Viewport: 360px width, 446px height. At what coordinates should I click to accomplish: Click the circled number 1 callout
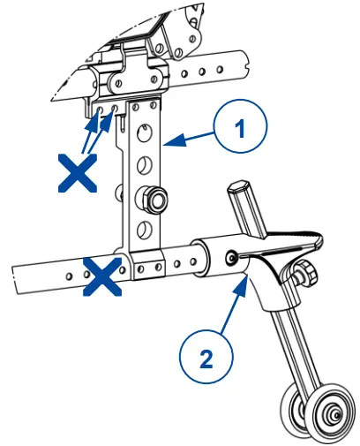(237, 127)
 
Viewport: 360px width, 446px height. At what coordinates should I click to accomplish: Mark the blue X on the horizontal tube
(103, 276)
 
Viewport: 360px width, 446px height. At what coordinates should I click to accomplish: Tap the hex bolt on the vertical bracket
(155, 201)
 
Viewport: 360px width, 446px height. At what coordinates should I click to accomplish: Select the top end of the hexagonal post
(241, 188)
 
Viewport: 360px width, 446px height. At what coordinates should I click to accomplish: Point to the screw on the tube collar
(231, 258)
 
